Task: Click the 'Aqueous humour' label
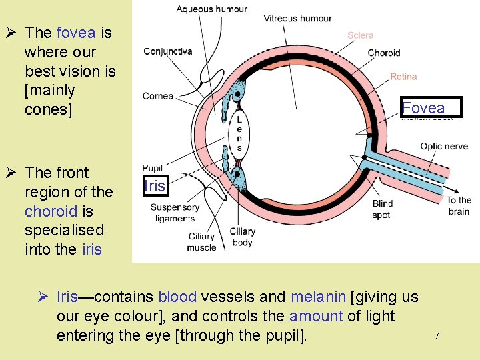[211, 9]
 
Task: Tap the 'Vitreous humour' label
[297, 18]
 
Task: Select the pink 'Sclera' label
[361, 35]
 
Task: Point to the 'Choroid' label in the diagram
[384, 53]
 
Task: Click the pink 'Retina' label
[403, 77]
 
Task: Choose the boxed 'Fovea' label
[423, 108]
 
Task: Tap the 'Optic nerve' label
[444, 147]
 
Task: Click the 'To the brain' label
[459, 205]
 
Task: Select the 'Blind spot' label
[383, 209]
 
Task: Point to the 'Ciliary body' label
[243, 237]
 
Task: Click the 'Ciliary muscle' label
[201, 242]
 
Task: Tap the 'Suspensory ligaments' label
[175, 213]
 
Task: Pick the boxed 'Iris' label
[155, 186]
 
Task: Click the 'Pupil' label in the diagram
[153, 168]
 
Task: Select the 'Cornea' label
[158, 96]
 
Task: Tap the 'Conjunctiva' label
[168, 51]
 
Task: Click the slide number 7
[437, 336]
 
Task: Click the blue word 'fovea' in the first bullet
[77, 33]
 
